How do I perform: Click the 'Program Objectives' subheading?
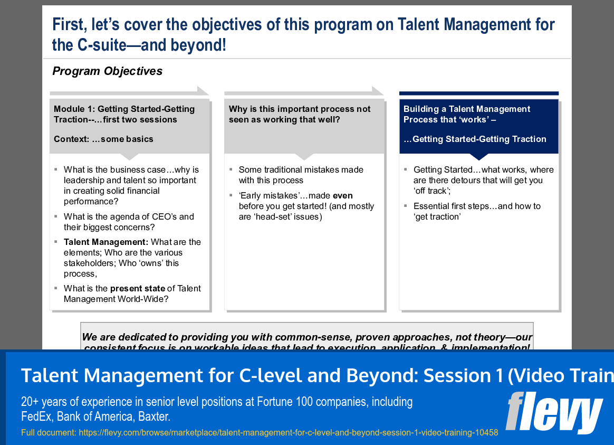coord(107,71)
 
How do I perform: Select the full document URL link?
coord(288,432)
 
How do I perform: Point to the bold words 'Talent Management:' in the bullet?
coord(106,242)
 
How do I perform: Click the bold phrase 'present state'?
coord(137,289)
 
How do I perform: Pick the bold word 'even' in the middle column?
coord(342,196)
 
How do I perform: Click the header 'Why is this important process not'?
coord(299,109)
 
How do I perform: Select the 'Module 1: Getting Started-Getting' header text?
coord(124,109)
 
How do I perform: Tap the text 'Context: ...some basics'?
coord(103,139)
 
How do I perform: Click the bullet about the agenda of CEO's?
coord(129,222)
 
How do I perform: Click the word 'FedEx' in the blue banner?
coord(36,416)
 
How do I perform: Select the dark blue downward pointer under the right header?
coord(478,157)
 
